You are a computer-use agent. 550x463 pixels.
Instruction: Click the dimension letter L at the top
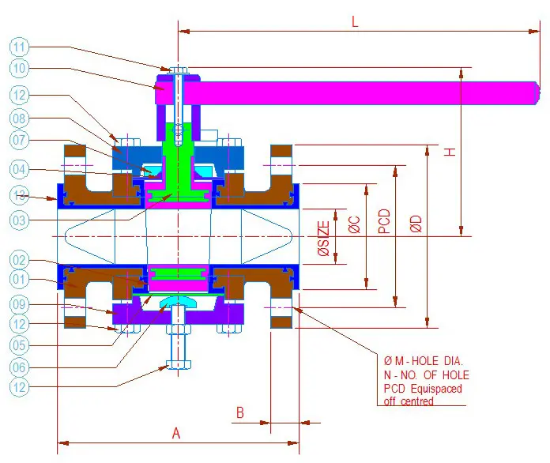355,23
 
